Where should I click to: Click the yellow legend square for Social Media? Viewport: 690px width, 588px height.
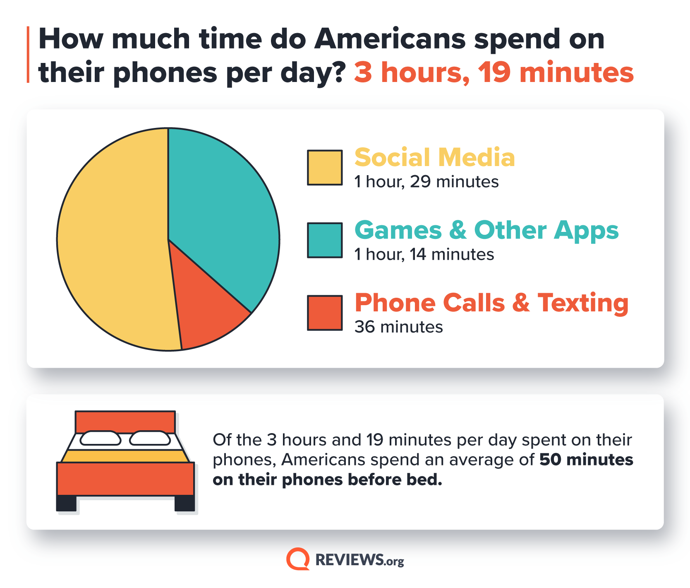(x=325, y=167)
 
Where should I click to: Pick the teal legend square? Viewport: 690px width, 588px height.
(x=325, y=240)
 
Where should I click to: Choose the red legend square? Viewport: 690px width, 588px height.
(x=325, y=313)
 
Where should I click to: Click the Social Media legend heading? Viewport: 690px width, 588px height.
(x=434, y=158)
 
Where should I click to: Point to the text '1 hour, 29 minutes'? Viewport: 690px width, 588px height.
(x=426, y=182)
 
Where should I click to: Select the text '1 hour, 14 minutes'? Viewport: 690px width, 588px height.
(x=424, y=254)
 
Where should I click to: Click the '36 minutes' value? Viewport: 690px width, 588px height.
(x=399, y=327)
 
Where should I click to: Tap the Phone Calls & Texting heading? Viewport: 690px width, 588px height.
(x=491, y=303)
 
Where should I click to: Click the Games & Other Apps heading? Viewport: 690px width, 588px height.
(x=486, y=230)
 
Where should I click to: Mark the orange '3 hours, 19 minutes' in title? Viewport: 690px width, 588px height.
(x=494, y=72)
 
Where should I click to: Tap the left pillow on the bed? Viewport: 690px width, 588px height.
(x=100, y=438)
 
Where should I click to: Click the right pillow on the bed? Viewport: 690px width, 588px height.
(x=150, y=438)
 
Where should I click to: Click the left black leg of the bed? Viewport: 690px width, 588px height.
(x=66, y=503)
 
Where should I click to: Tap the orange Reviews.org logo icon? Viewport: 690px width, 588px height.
(x=298, y=559)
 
